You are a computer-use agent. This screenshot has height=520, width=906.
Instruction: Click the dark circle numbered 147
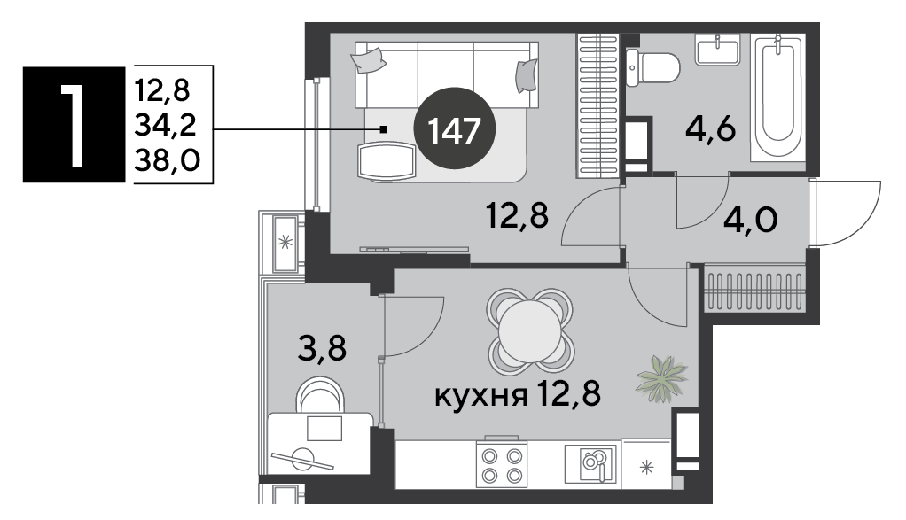[x=456, y=128]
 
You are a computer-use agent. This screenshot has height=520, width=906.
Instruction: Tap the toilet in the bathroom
[x=652, y=67]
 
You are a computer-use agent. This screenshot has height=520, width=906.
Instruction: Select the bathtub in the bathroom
[x=777, y=97]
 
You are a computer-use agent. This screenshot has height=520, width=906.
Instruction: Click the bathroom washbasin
[x=718, y=49]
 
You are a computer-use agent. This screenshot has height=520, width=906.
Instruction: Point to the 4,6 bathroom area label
[x=710, y=129]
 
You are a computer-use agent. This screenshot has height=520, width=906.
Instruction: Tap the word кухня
[x=480, y=397]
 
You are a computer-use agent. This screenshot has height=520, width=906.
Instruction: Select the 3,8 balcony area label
[x=322, y=348]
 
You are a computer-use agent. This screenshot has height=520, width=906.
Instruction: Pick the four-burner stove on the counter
[x=502, y=465]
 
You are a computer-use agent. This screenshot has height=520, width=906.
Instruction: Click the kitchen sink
[x=590, y=463]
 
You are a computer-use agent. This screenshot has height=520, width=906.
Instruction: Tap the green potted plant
[x=661, y=378]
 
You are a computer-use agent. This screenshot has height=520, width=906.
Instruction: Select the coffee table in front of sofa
[x=387, y=162]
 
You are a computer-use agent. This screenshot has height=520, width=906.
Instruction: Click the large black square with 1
[x=74, y=125]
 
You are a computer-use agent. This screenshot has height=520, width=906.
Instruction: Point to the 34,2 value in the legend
[x=165, y=125]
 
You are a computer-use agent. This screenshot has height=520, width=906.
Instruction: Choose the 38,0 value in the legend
[x=167, y=159]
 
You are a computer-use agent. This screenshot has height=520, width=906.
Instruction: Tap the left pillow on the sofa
[x=368, y=60]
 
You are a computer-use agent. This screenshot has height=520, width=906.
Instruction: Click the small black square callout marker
[x=383, y=128]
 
